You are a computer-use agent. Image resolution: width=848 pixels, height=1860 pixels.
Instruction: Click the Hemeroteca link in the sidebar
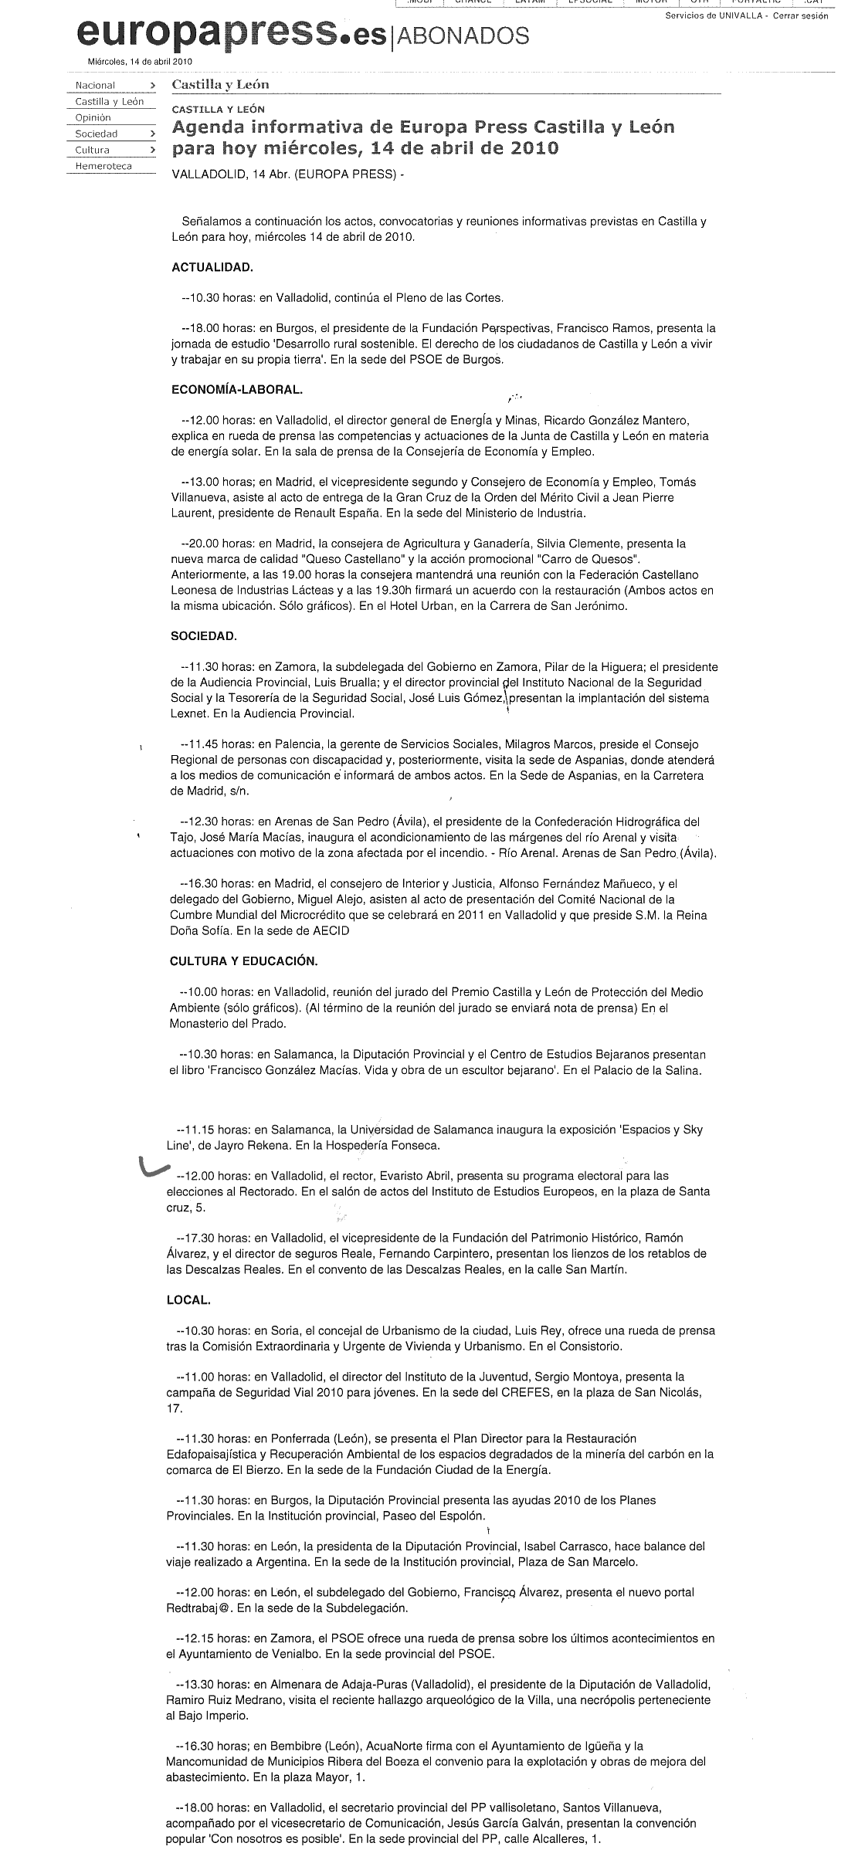point(103,166)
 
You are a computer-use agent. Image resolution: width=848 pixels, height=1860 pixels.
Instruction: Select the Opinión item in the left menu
point(93,117)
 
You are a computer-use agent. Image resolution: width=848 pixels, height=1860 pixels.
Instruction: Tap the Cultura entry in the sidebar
point(93,150)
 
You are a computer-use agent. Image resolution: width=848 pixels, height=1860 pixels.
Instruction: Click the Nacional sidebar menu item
point(95,85)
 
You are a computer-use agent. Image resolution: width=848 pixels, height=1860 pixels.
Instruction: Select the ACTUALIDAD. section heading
point(212,267)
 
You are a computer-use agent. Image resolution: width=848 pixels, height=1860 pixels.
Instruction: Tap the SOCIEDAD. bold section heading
point(204,636)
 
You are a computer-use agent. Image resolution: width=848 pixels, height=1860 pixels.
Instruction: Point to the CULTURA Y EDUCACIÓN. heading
point(243,961)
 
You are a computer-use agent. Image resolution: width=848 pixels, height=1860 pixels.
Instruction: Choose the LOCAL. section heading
point(188,1300)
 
